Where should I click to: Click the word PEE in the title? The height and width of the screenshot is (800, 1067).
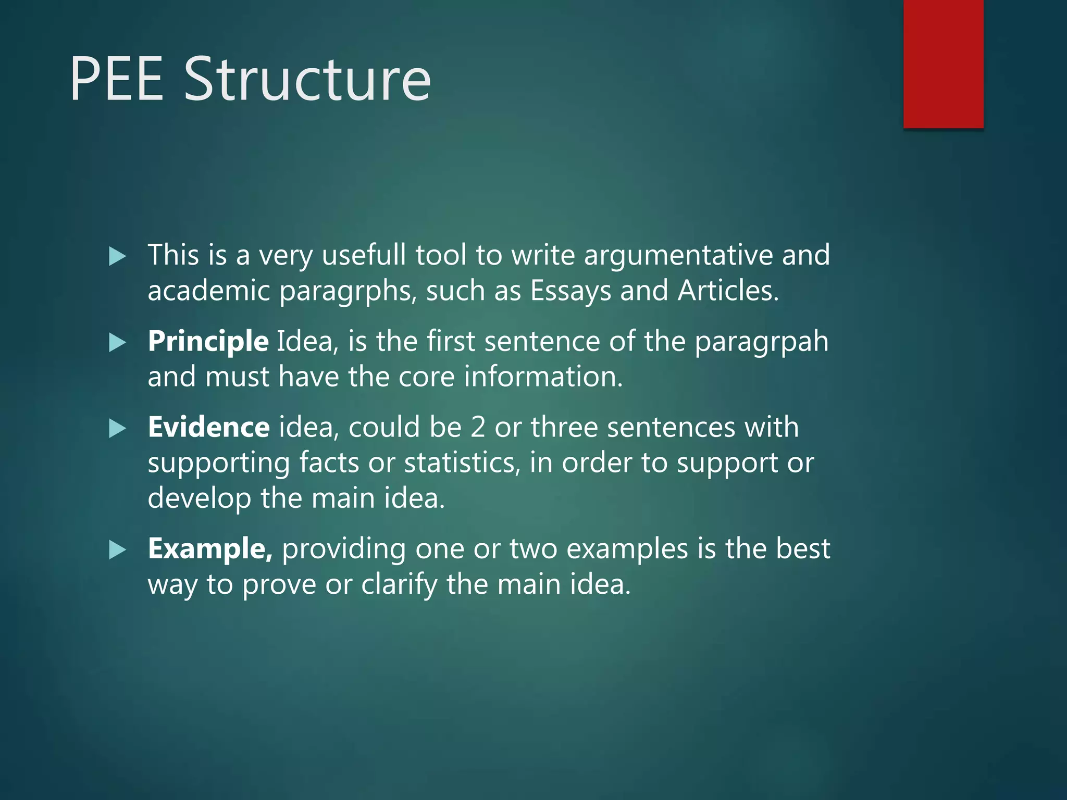click(x=117, y=79)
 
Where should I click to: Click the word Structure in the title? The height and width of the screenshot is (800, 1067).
click(x=307, y=79)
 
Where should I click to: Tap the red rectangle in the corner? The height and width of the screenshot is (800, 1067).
click(x=943, y=64)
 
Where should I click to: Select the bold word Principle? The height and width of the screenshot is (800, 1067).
click(x=208, y=342)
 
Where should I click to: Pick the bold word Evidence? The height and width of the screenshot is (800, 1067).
click(x=208, y=428)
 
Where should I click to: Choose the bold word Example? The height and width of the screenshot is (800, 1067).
click(x=210, y=549)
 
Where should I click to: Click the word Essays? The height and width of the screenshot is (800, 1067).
click(x=570, y=291)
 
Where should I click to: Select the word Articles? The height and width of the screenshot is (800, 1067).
click(x=728, y=291)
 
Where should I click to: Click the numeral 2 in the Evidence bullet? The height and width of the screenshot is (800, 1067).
click(x=478, y=428)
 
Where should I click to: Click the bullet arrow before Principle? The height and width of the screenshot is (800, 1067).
click(x=118, y=343)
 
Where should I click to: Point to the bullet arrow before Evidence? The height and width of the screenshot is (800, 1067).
click(x=118, y=429)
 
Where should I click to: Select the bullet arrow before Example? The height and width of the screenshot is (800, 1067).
click(x=118, y=550)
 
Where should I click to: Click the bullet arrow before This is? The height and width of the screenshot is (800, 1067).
click(x=118, y=256)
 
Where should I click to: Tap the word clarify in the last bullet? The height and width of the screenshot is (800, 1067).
click(x=399, y=585)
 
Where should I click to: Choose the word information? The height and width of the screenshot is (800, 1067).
click(x=543, y=377)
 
